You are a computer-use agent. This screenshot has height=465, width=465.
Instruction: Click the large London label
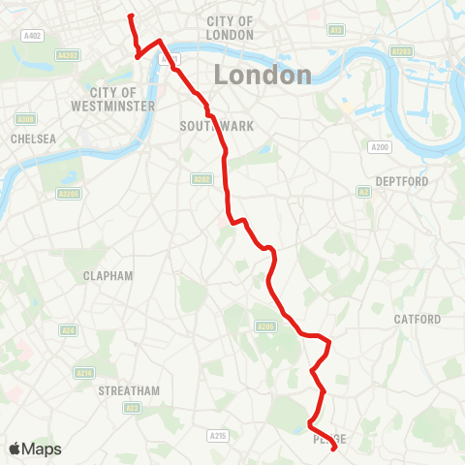263,76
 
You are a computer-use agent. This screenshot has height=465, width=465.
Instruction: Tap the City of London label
231,28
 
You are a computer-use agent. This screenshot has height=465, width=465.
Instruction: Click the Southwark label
202,126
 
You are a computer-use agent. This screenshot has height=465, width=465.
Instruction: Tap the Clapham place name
108,275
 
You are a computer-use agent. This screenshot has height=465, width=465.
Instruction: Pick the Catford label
418,319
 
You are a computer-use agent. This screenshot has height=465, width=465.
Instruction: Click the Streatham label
128,390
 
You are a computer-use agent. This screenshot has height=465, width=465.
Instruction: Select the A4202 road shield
69,55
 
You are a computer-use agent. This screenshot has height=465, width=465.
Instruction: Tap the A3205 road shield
67,194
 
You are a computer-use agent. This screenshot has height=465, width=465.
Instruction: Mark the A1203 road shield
400,49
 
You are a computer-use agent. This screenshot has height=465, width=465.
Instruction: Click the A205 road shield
263,326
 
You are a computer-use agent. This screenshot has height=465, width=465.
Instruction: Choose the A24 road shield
69,330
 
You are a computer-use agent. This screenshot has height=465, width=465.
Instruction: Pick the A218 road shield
84,373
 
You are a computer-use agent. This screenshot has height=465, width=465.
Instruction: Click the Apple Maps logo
35,449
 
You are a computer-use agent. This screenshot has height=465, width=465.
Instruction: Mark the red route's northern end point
130,15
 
